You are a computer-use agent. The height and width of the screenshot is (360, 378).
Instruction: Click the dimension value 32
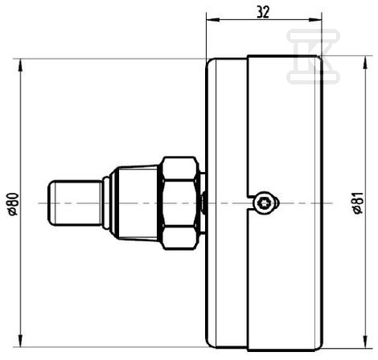pyautogui.click(x=263, y=12)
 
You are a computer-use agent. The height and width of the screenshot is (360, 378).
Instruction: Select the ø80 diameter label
pyautogui.click(x=14, y=204)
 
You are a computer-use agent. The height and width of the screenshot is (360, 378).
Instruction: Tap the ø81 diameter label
pyautogui.click(x=358, y=202)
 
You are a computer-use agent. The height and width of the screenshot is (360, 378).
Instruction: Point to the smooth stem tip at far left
pyautogui.click(x=75, y=203)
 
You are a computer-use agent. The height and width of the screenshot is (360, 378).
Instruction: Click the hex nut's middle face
pyautogui.click(x=179, y=203)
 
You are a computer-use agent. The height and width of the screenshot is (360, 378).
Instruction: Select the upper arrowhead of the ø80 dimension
pyautogui.click(x=20, y=65)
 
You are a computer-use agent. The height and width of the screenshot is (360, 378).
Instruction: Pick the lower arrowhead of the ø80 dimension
pyautogui.click(x=20, y=341)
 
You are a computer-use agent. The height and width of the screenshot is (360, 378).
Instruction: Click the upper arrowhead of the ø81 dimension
pyautogui.click(x=365, y=63)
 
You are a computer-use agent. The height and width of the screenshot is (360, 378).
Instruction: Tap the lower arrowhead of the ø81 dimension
pyautogui.click(x=365, y=342)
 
